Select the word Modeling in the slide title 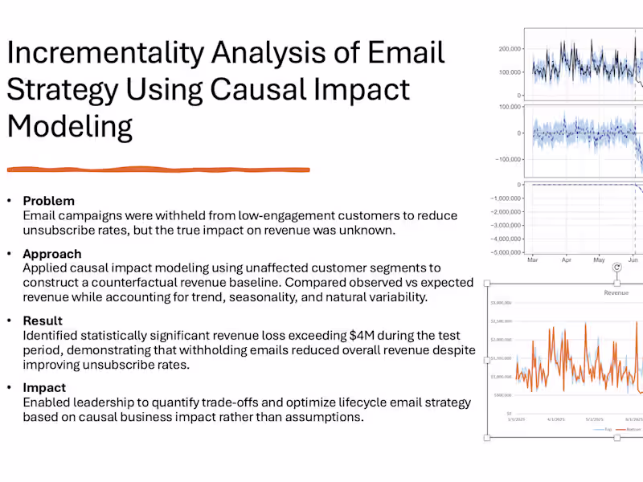click(x=69, y=126)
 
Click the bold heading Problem click(x=48, y=201)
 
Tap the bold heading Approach click(x=52, y=254)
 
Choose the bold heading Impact click(x=44, y=387)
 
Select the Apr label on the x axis click(x=566, y=260)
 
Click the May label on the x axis click(x=599, y=260)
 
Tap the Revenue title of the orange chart click(x=616, y=293)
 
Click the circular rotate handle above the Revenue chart click(x=616, y=268)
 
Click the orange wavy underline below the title click(x=158, y=170)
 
